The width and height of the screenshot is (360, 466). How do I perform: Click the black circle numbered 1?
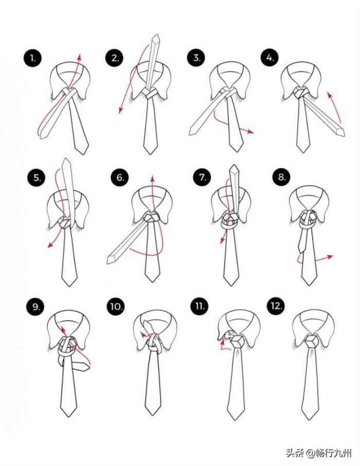tap(32, 58)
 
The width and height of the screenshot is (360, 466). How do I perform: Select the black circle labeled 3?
tap(197, 58)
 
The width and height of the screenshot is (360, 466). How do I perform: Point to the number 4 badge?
tap(270, 58)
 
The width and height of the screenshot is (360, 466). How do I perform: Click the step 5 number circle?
tap(37, 178)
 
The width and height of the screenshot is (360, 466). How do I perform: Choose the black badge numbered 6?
tap(120, 178)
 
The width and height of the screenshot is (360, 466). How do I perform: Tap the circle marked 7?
tap(202, 177)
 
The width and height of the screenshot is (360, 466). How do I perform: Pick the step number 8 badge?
tap(281, 177)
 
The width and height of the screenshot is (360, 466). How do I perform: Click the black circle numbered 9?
tap(35, 307)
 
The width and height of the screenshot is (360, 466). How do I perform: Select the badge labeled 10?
tap(116, 306)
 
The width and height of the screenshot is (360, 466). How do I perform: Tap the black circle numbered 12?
tap(276, 306)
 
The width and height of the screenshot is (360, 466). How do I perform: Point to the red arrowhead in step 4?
tap(329, 95)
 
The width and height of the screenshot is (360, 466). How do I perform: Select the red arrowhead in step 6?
tap(152, 178)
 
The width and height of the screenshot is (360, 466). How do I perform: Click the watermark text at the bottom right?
tap(319, 453)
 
